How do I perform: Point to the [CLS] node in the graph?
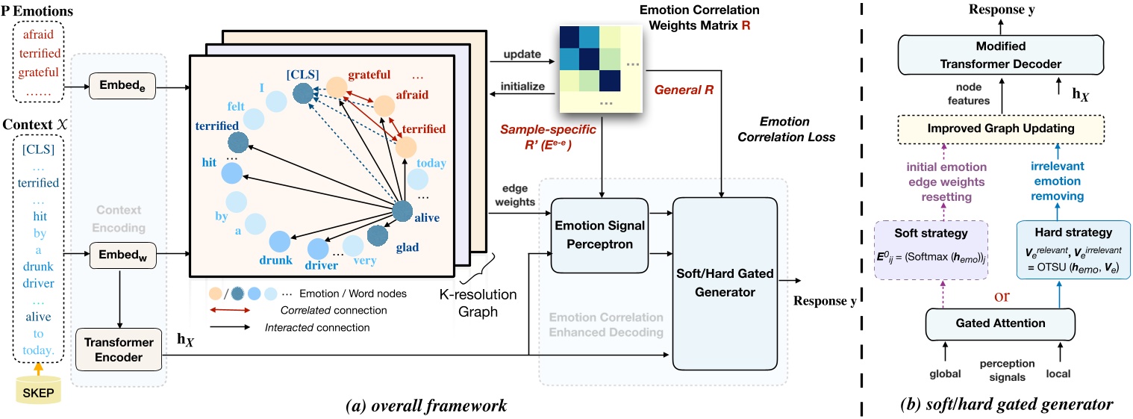tap(302, 94)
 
